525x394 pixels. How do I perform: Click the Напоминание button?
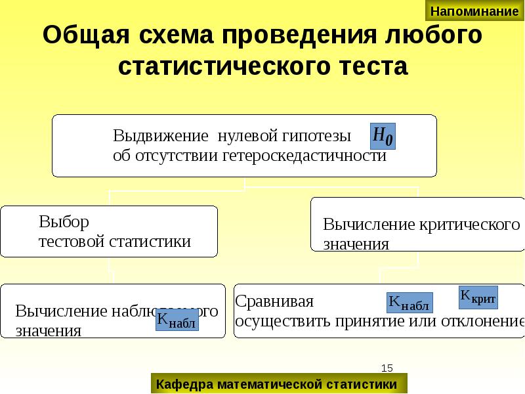[474, 11]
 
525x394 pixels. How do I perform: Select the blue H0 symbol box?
[383, 137]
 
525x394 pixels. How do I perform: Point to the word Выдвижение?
[160, 137]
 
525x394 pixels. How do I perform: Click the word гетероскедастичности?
[305, 156]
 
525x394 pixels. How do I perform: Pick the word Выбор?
[64, 222]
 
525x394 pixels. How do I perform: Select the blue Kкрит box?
[478, 297]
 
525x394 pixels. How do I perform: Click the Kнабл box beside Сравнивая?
[409, 303]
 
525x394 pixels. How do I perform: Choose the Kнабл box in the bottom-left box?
[177, 320]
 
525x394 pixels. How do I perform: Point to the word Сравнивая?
[274, 301]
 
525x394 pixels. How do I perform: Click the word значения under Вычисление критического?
[356, 244]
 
